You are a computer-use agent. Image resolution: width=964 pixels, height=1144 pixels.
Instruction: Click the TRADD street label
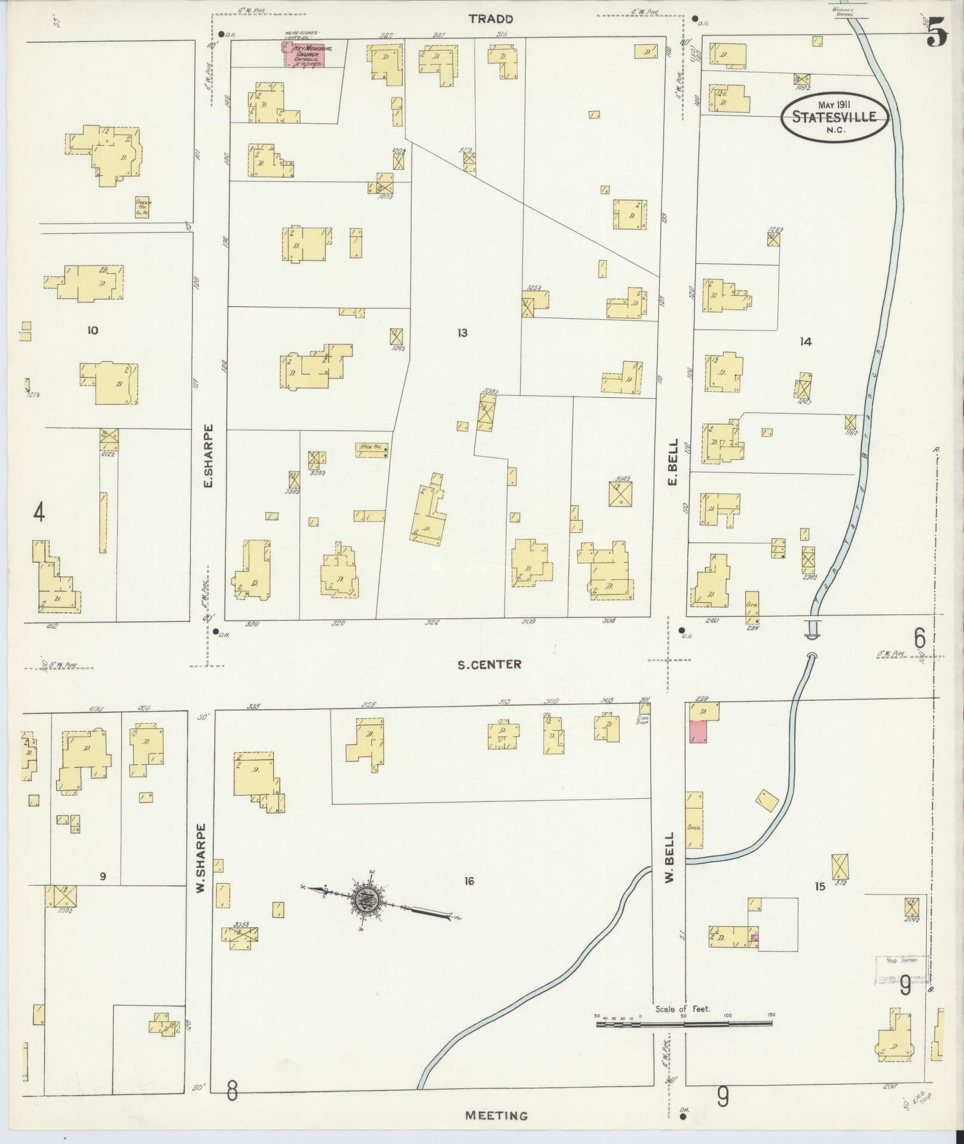[x=491, y=19]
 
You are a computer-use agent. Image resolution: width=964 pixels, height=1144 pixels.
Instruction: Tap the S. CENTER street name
[x=489, y=664]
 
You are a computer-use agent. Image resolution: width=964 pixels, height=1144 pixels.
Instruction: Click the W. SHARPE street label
[x=201, y=859]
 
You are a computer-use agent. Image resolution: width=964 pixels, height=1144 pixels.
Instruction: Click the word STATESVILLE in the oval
[x=834, y=117]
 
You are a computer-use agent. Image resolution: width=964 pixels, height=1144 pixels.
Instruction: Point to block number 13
[x=462, y=333]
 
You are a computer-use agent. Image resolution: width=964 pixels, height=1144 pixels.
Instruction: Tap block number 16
[x=469, y=881]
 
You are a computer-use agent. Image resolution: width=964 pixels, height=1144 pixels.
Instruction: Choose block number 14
[x=806, y=341]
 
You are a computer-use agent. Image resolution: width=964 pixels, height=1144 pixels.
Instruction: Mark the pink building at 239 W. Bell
[x=698, y=732]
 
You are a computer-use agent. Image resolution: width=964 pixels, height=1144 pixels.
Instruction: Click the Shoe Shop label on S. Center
[x=644, y=720]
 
